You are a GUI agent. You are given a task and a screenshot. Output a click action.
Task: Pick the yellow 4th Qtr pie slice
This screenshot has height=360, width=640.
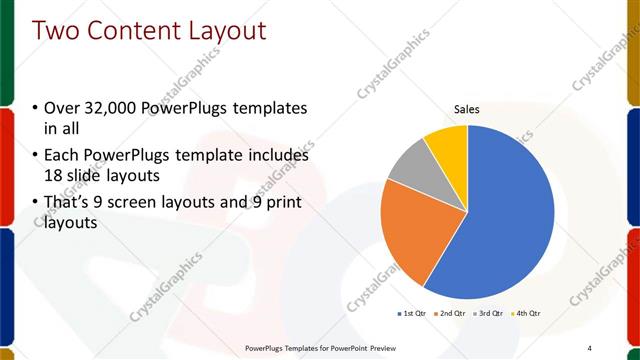click(448, 144)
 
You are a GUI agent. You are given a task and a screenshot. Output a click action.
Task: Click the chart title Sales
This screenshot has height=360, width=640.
click(467, 108)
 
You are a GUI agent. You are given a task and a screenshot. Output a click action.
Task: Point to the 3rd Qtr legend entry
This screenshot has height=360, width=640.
click(489, 313)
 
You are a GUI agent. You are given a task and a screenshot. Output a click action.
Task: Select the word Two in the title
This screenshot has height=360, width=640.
click(56, 31)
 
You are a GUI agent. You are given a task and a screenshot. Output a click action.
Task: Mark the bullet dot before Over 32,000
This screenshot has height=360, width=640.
click(36, 108)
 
